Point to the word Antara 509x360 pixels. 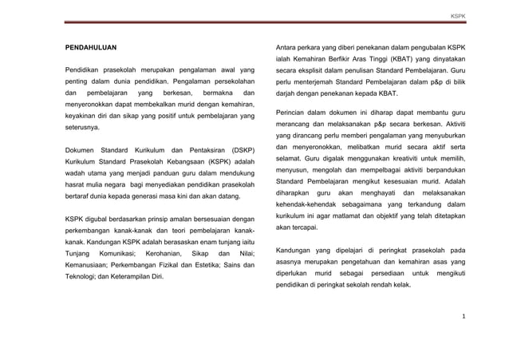click(286, 49)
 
